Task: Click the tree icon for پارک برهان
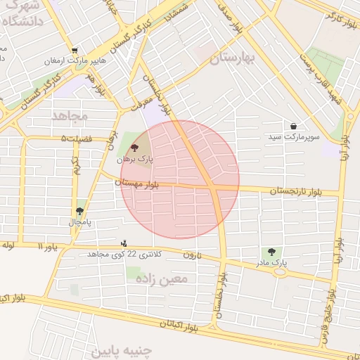pos(134,148)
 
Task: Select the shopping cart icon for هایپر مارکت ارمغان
pos(75,50)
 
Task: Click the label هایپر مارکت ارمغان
pos(77,61)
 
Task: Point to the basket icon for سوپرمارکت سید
pos(293,126)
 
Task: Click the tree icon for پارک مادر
pos(271,252)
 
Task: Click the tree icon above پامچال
pos(79,210)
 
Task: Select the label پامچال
pos(79,222)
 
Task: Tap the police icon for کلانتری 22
pos(124,243)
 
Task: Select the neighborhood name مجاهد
pos(69,113)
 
